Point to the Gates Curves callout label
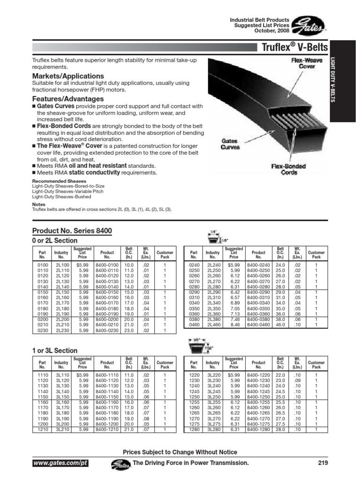(230, 143)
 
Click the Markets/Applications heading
(68, 76)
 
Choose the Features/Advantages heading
(68, 99)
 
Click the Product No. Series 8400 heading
(72, 231)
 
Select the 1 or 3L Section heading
(55, 350)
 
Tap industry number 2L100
(61, 265)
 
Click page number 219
(322, 463)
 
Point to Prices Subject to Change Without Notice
(180, 452)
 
